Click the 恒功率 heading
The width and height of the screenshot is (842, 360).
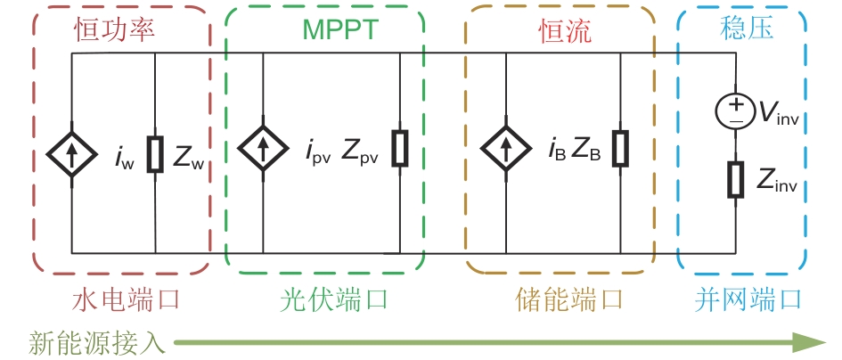(114, 29)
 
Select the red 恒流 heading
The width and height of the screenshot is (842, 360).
(565, 32)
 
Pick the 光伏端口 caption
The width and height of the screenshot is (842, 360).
(333, 300)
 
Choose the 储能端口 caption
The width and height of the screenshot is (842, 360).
(568, 299)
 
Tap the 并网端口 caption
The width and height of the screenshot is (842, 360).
(748, 299)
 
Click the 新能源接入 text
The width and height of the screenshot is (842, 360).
(94, 342)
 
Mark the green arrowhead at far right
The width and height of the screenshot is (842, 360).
(810, 342)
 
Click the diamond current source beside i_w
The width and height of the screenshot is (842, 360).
(71, 154)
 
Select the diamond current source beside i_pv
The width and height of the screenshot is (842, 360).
(263, 146)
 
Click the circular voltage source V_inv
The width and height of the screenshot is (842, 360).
(735, 110)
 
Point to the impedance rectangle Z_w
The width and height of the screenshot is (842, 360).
(155, 154)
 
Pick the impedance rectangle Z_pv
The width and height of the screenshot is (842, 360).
(400, 148)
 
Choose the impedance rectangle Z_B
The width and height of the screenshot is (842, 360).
(621, 148)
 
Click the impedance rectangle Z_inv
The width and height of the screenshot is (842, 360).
(735, 179)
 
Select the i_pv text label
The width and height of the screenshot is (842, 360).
(318, 153)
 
